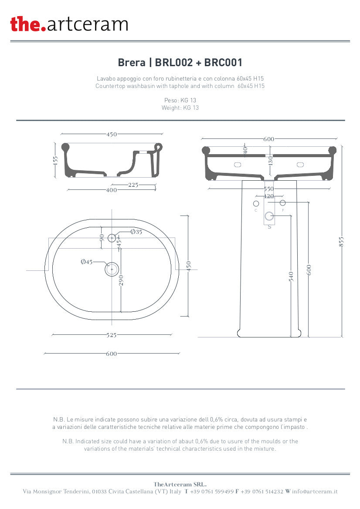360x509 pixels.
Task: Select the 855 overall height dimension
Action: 342,241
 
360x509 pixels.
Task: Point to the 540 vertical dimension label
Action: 291,276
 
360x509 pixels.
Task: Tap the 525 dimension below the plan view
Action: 112,335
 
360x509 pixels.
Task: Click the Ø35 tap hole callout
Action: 136,232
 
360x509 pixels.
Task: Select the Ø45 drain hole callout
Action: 87,262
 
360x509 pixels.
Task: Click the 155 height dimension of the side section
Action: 55,160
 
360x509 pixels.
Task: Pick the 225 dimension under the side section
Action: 133,185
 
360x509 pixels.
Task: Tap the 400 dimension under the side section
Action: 112,190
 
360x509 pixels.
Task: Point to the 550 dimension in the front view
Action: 269,189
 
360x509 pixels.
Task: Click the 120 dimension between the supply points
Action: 269,196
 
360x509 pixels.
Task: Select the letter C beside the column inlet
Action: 256,210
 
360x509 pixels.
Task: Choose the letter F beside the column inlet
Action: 283,210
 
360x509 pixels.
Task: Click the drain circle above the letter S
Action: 269,216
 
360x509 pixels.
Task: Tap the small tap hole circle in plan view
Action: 112,238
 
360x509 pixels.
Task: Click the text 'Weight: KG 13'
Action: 180,108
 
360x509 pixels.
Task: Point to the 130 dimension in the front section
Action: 271,160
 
